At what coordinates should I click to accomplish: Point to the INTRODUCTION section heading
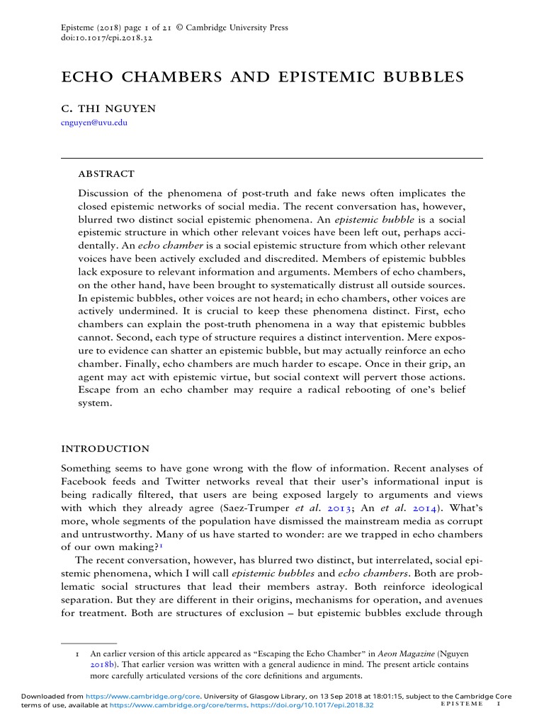pyautogui.click(x=106, y=449)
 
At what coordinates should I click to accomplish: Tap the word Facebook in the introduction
pyautogui.click(x=84, y=481)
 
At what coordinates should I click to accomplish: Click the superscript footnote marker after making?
pyautogui.click(x=161, y=545)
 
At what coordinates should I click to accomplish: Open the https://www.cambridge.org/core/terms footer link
pyautogui.click(x=152, y=705)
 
